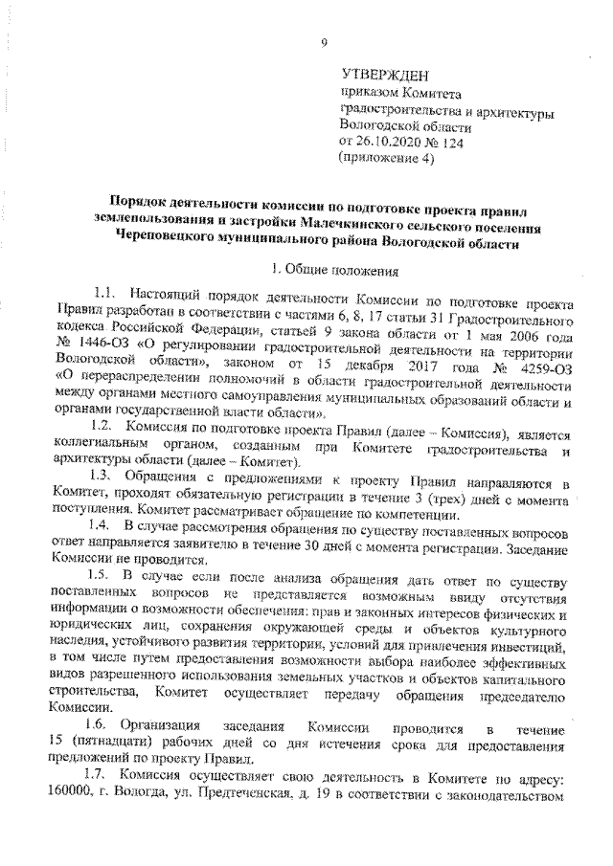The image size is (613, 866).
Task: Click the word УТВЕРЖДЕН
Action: [386, 75]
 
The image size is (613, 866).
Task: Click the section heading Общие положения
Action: [335, 270]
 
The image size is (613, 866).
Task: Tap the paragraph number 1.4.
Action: [102, 526]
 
